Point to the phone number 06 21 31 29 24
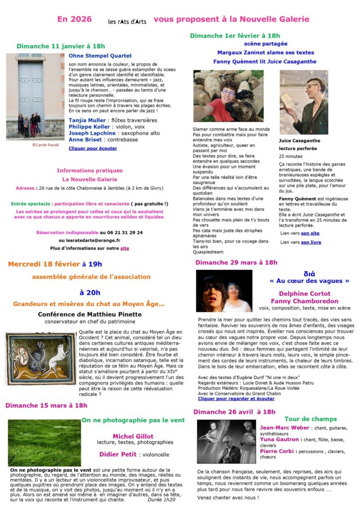pyautogui.click(x=121, y=232)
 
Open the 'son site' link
pyautogui.click(x=310, y=233)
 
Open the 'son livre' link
pyautogui.click(x=311, y=242)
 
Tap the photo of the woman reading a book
pyautogui.click(x=303, y=102)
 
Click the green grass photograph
pyautogui.click(x=44, y=442)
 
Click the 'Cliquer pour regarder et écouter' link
pyautogui.click(x=236, y=399)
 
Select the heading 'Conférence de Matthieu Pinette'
pyautogui.click(x=90, y=314)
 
